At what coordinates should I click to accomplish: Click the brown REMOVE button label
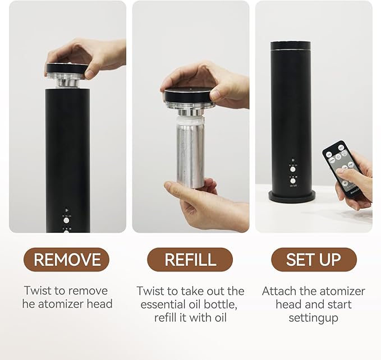point(66,260)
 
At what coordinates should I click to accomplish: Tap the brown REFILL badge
point(190,260)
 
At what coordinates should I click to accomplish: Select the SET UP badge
point(314,260)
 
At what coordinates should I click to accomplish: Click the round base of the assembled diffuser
point(292,196)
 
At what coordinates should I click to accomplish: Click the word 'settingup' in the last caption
point(313,317)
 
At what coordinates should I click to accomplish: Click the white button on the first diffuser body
point(66,220)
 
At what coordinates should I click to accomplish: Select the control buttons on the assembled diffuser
point(292,174)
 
